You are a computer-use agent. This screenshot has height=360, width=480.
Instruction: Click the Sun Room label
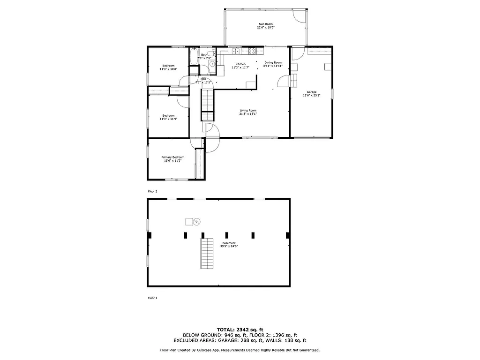coord(265,24)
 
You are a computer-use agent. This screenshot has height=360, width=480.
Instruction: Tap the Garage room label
coord(311,92)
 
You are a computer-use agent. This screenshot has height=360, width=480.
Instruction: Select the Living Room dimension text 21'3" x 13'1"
coord(248,113)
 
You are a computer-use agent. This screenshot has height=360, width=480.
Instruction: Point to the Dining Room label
coord(273,62)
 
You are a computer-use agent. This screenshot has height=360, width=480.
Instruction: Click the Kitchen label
coord(240,64)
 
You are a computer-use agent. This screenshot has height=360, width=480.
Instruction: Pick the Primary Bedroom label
coord(172,157)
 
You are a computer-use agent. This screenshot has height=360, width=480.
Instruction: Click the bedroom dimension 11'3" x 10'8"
coord(168,69)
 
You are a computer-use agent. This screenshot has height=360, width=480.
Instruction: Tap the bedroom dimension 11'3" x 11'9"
coord(168,119)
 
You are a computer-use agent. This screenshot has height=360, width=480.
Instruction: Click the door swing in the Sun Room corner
coord(299,15)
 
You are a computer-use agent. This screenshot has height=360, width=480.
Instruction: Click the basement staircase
coord(207,253)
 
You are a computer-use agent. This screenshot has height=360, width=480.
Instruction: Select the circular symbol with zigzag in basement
coord(197,221)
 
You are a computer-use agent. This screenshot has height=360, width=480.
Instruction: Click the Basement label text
coord(229,243)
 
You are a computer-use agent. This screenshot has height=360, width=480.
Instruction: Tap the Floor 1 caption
coord(153,298)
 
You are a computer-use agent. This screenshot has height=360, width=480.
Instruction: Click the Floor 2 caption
coord(153,192)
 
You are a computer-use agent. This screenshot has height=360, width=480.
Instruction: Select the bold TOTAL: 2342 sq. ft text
coord(240,329)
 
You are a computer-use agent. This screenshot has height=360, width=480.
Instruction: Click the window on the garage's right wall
coord(332,93)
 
